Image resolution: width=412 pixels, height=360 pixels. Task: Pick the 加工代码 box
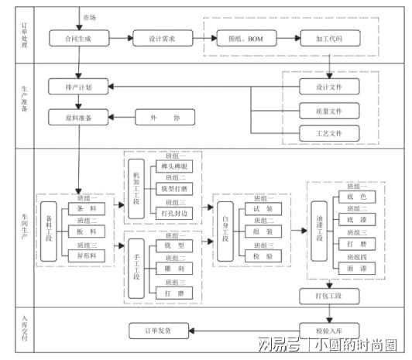click(330, 37)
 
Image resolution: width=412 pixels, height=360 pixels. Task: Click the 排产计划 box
click(81, 87)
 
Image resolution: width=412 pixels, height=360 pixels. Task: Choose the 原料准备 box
click(81, 118)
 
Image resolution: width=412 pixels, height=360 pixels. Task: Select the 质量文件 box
click(329, 111)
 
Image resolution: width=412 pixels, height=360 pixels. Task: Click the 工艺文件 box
click(329, 133)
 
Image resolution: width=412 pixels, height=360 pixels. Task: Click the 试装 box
click(263, 209)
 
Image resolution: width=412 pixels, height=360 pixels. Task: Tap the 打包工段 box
click(329, 296)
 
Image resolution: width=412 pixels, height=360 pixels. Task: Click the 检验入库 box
click(329, 331)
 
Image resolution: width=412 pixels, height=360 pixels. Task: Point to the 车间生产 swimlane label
click(24, 224)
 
